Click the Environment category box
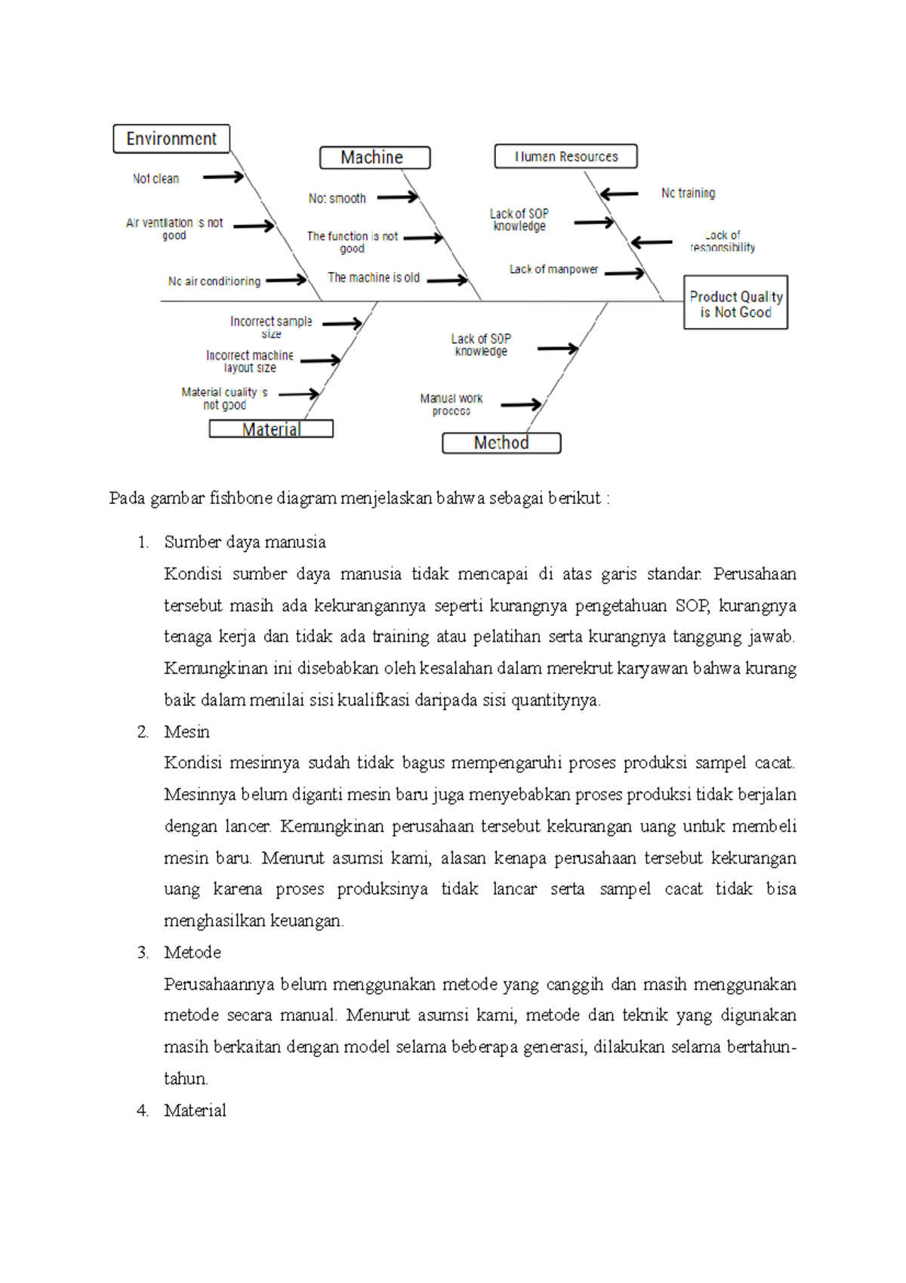(x=171, y=139)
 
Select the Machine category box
(x=374, y=157)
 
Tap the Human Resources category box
(x=565, y=156)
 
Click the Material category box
(x=271, y=429)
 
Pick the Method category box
(x=501, y=443)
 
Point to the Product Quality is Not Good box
(x=735, y=303)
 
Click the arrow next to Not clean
(x=223, y=177)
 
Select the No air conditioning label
(x=214, y=281)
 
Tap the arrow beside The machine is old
(x=448, y=280)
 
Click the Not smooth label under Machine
(x=337, y=199)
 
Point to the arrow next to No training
(x=619, y=194)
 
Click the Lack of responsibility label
(x=722, y=241)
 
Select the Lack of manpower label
(x=553, y=270)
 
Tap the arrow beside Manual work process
(x=521, y=405)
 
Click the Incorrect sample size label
(x=271, y=326)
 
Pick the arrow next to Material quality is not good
(x=299, y=394)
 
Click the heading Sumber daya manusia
(x=245, y=542)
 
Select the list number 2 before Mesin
(x=143, y=731)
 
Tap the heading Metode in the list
(x=193, y=952)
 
